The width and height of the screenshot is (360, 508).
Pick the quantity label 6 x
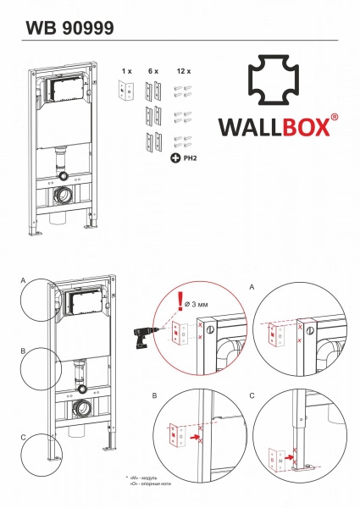pyautogui.click(x=153, y=73)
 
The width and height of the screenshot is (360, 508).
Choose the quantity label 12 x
pyautogui.click(x=183, y=73)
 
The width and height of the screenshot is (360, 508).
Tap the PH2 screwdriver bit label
pyautogui.click(x=190, y=157)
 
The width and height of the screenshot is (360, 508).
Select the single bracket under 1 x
pyautogui.click(x=126, y=91)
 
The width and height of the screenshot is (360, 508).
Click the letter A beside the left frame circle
pyautogui.click(x=25, y=279)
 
